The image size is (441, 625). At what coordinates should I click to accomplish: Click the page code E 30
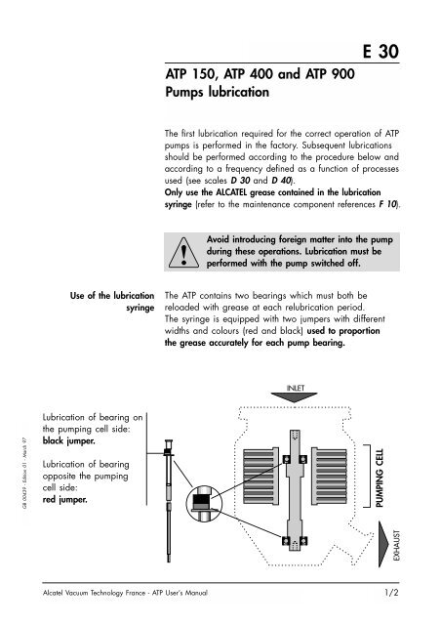click(x=381, y=52)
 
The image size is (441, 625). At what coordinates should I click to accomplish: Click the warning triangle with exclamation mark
click(x=183, y=253)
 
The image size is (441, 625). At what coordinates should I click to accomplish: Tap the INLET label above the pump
click(x=296, y=388)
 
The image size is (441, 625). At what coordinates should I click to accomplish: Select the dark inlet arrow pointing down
click(x=294, y=397)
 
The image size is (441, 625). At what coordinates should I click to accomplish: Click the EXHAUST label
click(x=396, y=545)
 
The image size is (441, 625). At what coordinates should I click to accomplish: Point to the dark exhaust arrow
click(x=382, y=545)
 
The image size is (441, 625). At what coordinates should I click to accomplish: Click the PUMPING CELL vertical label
click(x=380, y=478)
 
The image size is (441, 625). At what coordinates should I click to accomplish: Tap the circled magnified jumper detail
click(x=204, y=503)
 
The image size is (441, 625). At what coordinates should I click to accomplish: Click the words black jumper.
click(x=69, y=440)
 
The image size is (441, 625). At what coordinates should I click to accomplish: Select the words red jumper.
click(x=65, y=499)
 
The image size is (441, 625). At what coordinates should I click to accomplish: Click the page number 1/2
click(x=391, y=593)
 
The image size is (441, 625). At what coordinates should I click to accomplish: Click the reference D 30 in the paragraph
click(x=240, y=180)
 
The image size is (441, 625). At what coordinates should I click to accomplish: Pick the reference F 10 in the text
click(x=387, y=204)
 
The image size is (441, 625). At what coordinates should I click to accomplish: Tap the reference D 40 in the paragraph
click(x=281, y=180)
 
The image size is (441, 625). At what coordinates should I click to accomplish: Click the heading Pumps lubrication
click(x=218, y=92)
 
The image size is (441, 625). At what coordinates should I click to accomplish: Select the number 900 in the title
click(x=342, y=74)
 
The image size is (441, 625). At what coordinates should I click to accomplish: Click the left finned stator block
click(x=261, y=477)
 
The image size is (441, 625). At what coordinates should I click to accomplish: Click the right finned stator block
click(x=329, y=477)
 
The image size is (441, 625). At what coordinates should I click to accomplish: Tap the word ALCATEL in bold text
click(x=231, y=192)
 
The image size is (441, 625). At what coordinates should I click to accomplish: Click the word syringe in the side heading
click(x=140, y=308)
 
